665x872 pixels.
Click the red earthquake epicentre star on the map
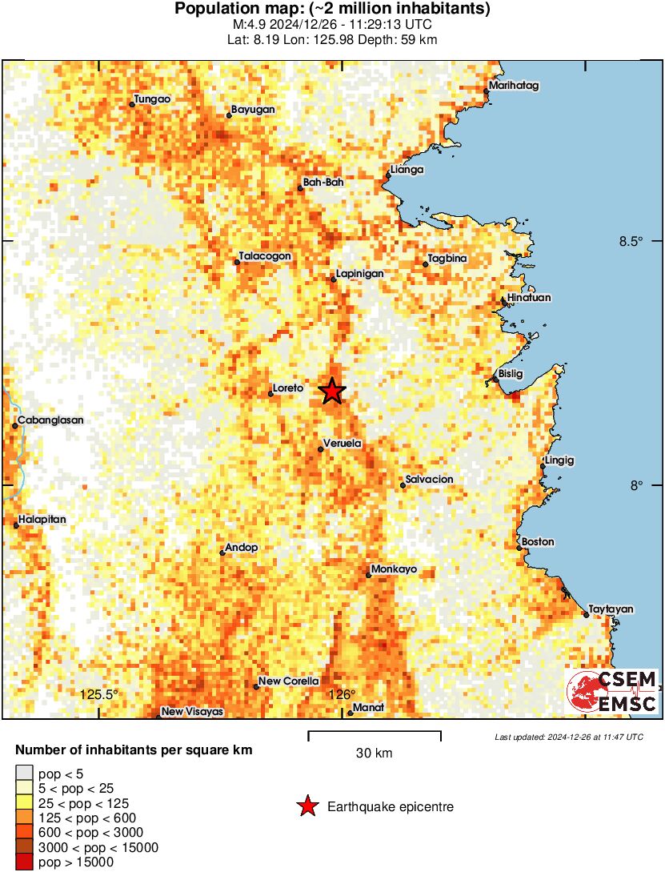click(332, 391)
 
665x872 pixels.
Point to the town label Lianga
click(407, 170)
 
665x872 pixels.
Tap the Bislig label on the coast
click(510, 374)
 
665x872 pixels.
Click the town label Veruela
click(343, 444)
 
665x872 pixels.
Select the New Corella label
click(289, 681)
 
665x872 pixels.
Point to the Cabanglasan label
click(50, 420)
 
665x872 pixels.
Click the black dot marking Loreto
click(270, 393)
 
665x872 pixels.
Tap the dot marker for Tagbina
click(426, 264)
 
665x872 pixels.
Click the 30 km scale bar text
click(375, 753)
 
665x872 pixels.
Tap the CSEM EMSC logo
click(612, 691)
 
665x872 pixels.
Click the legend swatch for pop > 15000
click(25, 862)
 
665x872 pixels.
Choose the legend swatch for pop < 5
click(25, 774)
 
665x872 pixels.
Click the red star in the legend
click(307, 806)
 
